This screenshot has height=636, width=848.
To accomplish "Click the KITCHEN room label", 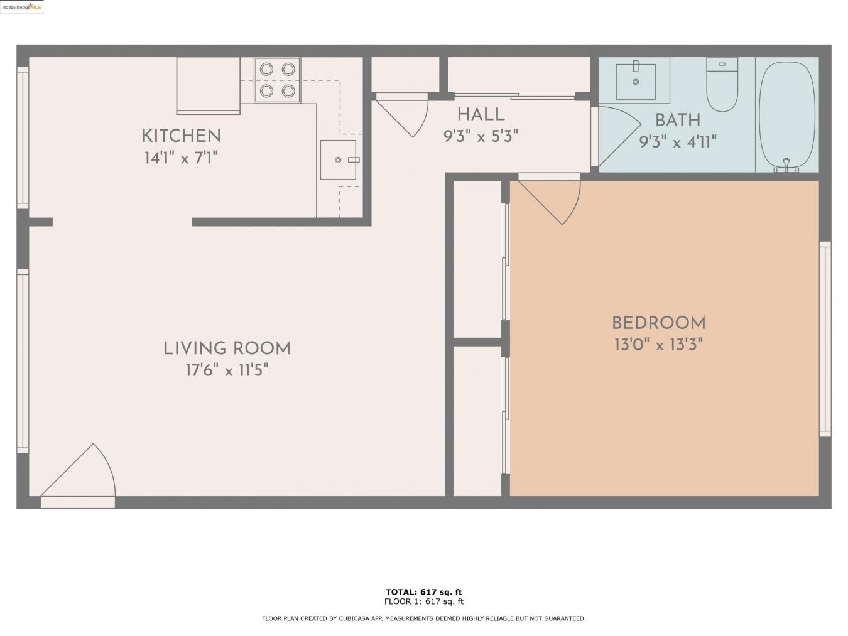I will pyautogui.click(x=181, y=136).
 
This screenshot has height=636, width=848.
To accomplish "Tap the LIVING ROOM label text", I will pyautogui.click(x=227, y=348).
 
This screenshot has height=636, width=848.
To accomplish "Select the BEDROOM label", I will pyautogui.click(x=658, y=323).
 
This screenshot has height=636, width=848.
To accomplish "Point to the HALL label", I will pyautogui.click(x=481, y=114).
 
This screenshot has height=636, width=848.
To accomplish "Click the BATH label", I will pyautogui.click(x=677, y=120).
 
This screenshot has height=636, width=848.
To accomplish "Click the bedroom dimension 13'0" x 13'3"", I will pyautogui.click(x=658, y=345).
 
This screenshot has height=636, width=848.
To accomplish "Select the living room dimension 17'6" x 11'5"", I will pyautogui.click(x=227, y=370).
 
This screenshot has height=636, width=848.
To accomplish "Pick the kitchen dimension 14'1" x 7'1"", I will pyautogui.click(x=181, y=158).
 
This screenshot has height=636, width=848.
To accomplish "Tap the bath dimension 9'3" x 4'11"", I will pyautogui.click(x=677, y=142).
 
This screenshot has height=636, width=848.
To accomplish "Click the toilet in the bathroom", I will pyautogui.click(x=722, y=85).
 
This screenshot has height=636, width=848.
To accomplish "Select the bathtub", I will pyautogui.click(x=786, y=115).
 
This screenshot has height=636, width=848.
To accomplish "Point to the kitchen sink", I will pyautogui.click(x=338, y=160).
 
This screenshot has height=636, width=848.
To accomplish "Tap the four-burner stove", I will pyautogui.click(x=277, y=80).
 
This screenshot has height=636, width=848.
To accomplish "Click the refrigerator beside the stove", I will pyautogui.click(x=208, y=85).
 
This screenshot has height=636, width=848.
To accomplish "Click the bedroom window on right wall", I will pyautogui.click(x=825, y=339).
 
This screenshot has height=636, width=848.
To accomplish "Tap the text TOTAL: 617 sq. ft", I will pyautogui.click(x=423, y=591).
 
